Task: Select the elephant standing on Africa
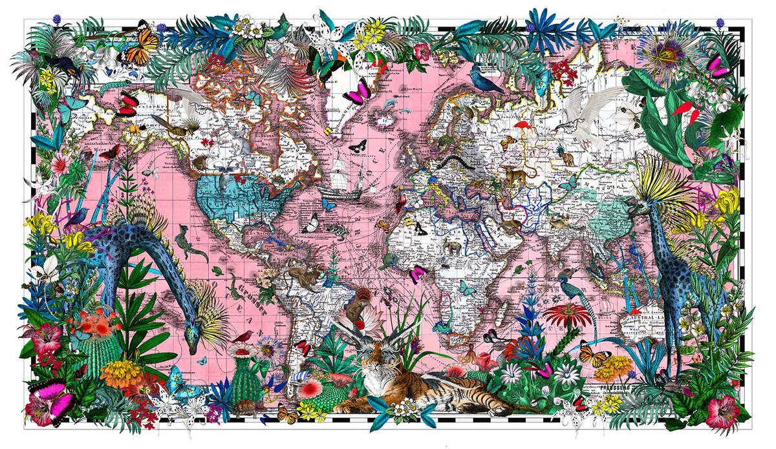pos(453,247)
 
